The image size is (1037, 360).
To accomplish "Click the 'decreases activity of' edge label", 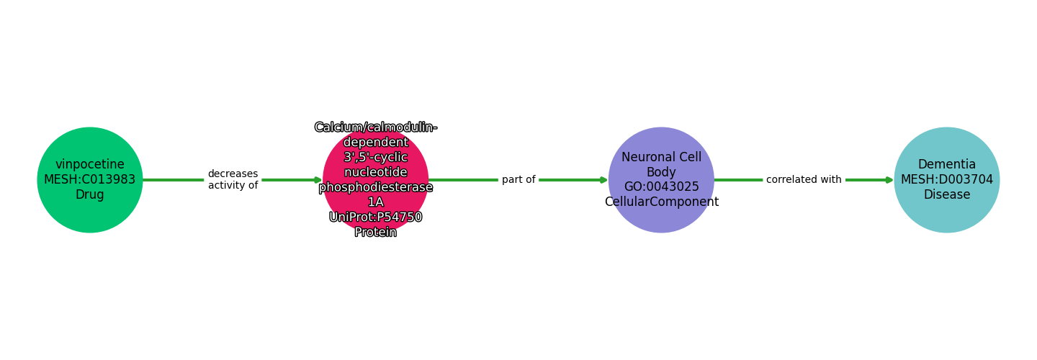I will [233, 180].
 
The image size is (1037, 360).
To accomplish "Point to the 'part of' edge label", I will [518, 180].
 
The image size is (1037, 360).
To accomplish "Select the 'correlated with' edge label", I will [804, 180].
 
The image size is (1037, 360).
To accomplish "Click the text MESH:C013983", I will [89, 180].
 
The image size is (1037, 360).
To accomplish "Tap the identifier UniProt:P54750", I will [375, 217].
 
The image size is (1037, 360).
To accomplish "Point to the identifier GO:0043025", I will [661, 187].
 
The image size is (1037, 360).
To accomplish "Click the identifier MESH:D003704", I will [946, 180].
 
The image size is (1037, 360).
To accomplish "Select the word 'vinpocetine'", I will [89, 165].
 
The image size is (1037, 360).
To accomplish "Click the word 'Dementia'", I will [946, 165].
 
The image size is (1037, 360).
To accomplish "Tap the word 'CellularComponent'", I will [661, 202].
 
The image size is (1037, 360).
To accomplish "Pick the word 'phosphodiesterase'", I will [375, 187].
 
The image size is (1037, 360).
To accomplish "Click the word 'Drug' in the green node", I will [89, 195].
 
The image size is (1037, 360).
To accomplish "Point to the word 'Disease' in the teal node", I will [946, 195].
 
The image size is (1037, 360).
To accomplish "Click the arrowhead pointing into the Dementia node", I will [889, 180].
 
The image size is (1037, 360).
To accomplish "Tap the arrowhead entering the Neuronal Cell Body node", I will [603, 180].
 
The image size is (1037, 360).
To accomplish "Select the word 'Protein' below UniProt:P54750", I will [375, 232].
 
